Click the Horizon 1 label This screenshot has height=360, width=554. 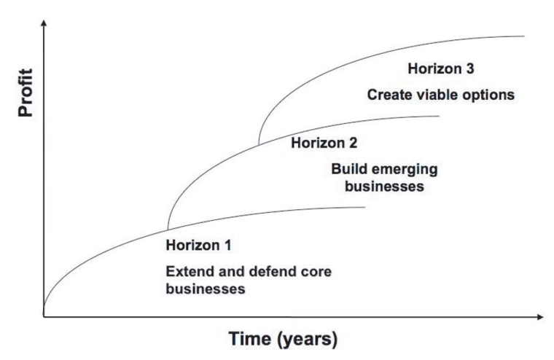198,245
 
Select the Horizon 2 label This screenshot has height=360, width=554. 324,143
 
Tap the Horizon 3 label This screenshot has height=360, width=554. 440,69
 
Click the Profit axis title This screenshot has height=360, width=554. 26,93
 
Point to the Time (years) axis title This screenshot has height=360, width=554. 283,339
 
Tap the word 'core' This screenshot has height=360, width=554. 316,273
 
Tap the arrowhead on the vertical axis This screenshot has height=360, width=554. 44,23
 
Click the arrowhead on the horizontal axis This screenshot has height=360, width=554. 540,317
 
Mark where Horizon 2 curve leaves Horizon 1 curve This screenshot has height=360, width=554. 168,230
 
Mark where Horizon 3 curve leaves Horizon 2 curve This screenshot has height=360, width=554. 259,144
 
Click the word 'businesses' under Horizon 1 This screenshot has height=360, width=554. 206,289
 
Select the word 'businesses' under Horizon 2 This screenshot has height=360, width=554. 384,187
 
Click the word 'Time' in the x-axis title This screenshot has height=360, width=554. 249,338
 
